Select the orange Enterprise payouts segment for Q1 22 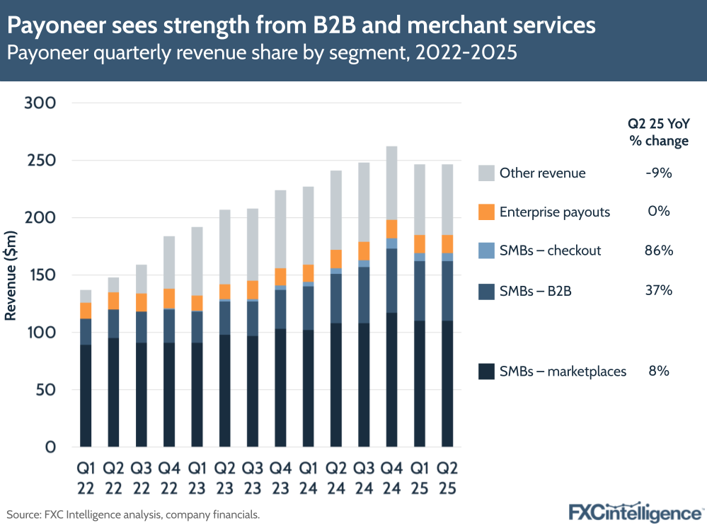86,311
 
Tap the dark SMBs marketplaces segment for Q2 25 447,383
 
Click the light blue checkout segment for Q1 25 420,257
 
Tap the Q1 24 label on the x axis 308,478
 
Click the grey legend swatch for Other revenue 485,173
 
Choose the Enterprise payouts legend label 554,211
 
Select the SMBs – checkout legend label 551,250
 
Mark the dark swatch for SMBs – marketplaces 485,371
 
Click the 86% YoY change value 658,250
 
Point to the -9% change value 658,173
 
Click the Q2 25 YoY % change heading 658,132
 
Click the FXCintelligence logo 636,512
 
